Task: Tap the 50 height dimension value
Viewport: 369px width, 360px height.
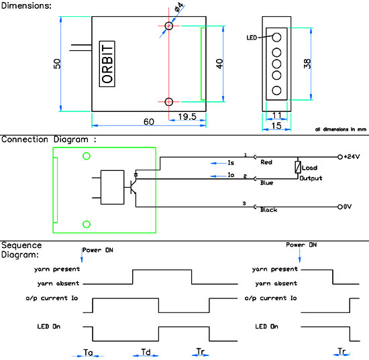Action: tap(57, 64)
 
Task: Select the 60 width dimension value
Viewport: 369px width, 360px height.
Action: tap(149, 122)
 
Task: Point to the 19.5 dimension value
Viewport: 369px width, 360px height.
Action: tap(187, 117)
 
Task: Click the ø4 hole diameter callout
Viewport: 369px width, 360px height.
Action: tap(179, 8)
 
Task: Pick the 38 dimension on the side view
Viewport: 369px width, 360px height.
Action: tap(307, 64)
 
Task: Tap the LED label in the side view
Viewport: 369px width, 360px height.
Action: tap(252, 38)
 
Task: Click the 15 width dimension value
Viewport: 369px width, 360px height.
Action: tap(276, 126)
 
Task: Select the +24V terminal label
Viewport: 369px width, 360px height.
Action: tap(352, 157)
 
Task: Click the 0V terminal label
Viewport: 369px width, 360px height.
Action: tap(348, 206)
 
